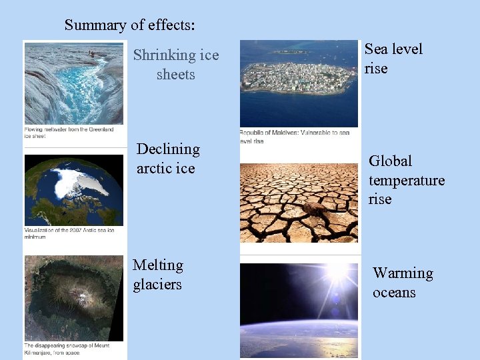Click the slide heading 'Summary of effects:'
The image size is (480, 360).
pos(129,25)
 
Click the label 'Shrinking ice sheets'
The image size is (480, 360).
pos(176,65)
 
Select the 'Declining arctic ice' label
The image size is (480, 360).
pos(168,159)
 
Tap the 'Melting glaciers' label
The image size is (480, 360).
pos(157,275)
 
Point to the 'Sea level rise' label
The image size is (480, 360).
pos(393,59)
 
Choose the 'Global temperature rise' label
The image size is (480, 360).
pos(407,180)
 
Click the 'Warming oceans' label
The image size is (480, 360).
pos(403,283)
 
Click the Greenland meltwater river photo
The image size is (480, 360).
pos(73,83)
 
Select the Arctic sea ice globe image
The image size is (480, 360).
pos(73,190)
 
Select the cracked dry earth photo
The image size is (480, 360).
pos(298,203)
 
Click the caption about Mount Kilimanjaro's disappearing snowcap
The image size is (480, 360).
pos(67,349)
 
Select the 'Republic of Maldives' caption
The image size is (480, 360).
pos(294,137)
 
